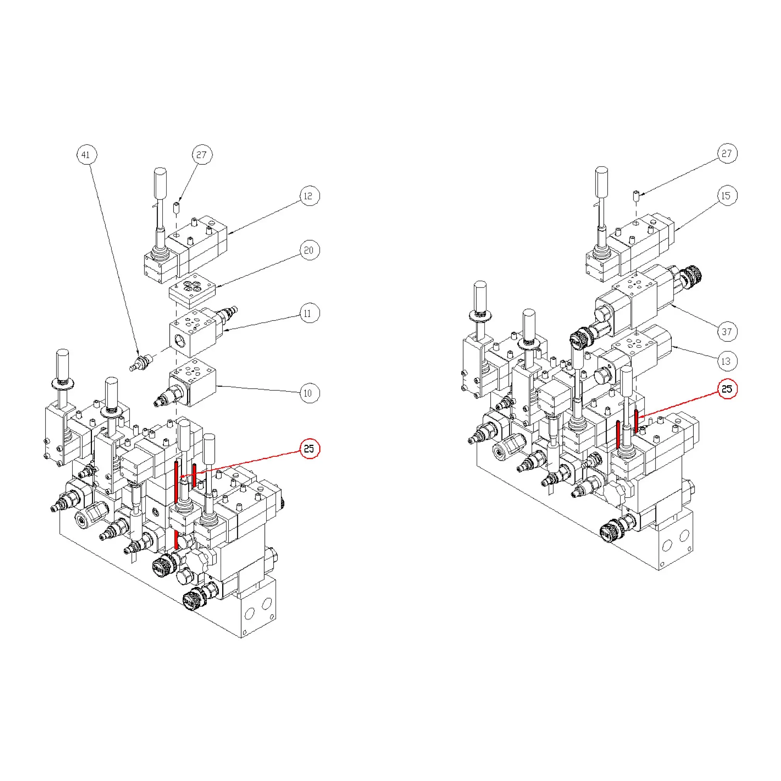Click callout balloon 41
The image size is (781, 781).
pos(87,155)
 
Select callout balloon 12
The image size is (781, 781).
pos(310,196)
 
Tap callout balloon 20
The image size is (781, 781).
pos(310,250)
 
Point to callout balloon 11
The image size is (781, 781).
pos(310,313)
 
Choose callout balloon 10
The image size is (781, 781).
pos(310,393)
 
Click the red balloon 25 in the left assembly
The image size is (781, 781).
pos(310,449)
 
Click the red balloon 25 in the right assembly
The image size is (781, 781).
pos(727,389)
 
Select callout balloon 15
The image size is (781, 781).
pos(727,196)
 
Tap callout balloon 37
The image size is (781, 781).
pos(727,332)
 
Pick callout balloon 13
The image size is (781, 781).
pos(727,361)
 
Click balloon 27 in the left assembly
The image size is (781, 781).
pos(202,155)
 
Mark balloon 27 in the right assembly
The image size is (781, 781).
pos(727,154)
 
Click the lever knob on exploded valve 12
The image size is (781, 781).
pos(160,183)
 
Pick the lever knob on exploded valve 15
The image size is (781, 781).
pos(602,182)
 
